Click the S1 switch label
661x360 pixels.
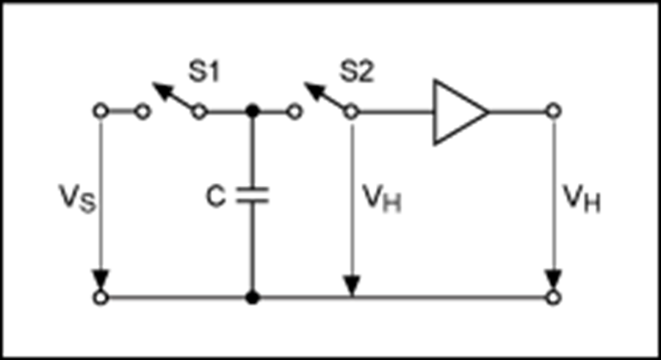tap(204, 72)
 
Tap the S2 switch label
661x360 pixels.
tap(357, 72)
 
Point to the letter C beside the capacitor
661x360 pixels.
tap(216, 196)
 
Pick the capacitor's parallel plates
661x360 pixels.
tap(253, 195)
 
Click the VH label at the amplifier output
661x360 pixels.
tap(582, 198)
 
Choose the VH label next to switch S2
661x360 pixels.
tap(382, 198)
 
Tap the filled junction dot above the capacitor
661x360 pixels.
tap(252, 112)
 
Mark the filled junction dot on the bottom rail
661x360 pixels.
tap(252, 298)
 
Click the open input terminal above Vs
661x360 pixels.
tap(101, 112)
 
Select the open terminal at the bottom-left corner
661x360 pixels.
tap(101, 298)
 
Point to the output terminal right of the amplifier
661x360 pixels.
tap(553, 112)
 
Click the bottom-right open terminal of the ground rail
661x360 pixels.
tap(553, 298)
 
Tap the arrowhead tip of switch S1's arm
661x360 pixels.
tap(153, 83)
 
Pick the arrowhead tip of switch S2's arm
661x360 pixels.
tap(304, 83)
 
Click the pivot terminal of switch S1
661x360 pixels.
tap(199, 112)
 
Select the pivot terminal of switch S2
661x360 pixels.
tap(351, 112)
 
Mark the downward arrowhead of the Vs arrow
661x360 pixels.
tap(101, 280)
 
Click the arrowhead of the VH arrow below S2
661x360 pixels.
tap(352, 285)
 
